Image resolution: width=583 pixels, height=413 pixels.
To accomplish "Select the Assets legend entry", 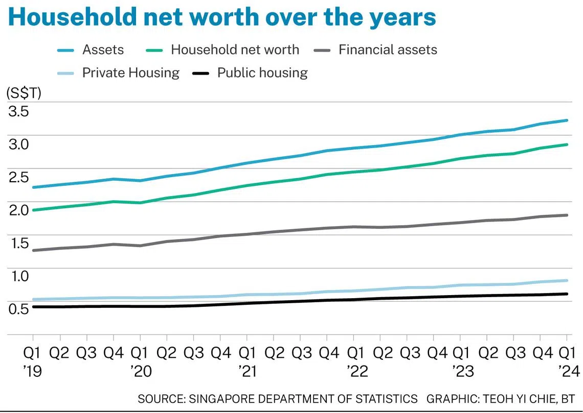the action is pos(91,50).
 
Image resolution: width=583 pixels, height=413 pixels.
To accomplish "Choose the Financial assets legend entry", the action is pos(375,50).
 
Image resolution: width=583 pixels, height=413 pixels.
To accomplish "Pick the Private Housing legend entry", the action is pos(119,72).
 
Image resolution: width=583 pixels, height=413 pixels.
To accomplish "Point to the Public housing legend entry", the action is pos(250,72).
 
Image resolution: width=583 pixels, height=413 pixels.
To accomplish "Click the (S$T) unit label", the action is pos(24,93).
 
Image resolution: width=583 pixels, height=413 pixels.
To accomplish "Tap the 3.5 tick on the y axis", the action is pos(18,111).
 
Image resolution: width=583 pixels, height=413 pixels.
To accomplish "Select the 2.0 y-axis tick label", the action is pos(18,210).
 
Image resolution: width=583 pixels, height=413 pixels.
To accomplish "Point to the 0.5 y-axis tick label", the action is pos(18,309).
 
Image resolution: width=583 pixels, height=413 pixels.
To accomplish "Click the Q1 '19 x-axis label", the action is pos(33,361).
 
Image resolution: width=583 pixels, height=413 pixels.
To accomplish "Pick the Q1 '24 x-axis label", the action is pos(567,361).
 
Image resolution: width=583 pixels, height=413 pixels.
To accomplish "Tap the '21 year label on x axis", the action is pos(247,371).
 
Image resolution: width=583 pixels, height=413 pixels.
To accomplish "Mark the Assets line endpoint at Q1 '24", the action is pos(567,120).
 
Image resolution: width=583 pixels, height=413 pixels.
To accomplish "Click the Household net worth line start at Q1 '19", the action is pos(33,210).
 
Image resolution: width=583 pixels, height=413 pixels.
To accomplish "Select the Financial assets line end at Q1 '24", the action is pos(567,215).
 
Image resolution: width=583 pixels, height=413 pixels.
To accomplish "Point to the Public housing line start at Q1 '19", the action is pos(33,307).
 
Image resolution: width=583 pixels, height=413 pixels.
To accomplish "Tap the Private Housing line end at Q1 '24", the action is pos(567,281).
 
